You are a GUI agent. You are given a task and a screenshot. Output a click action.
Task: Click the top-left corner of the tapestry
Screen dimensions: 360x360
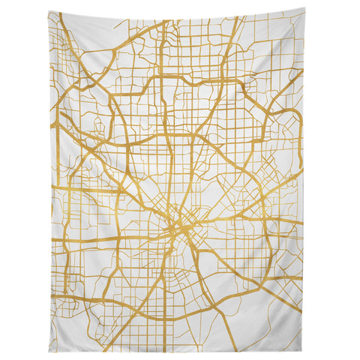point(48,12)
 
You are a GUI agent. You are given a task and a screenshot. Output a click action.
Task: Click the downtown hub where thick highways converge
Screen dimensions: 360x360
point(178,217)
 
